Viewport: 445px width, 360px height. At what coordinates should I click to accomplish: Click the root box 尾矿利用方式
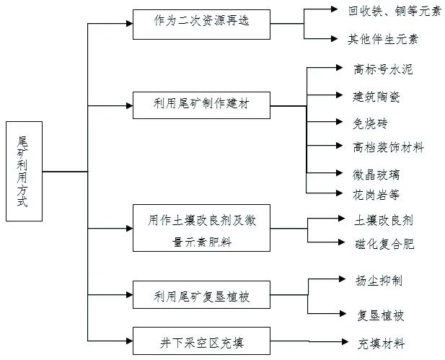click(24, 171)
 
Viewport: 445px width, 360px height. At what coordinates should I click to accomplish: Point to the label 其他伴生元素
click(383, 39)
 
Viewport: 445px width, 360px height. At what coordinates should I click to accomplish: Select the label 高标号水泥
click(383, 69)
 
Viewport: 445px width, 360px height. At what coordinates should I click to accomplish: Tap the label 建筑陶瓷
click(377, 95)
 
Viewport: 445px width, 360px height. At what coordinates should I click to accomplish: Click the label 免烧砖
click(371, 122)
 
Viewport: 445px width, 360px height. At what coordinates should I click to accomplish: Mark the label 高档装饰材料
click(388, 147)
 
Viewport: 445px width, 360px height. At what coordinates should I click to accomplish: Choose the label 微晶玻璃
click(377, 174)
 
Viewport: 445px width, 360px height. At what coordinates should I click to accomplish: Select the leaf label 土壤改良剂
click(384, 219)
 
